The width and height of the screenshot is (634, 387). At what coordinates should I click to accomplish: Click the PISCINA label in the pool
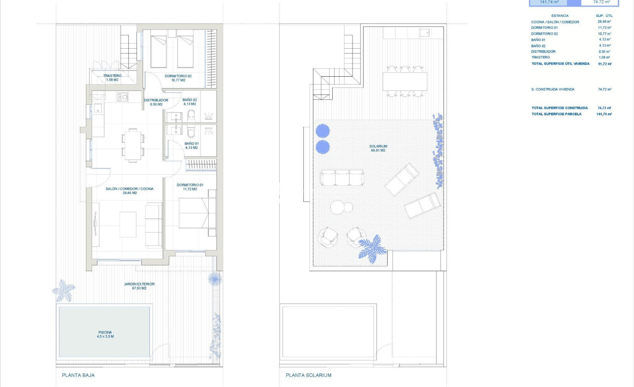[105, 332]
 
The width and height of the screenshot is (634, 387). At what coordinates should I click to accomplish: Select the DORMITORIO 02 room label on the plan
[178, 76]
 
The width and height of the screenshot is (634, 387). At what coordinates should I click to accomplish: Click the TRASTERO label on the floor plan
[112, 76]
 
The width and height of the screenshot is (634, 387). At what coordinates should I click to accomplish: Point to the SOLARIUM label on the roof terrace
[378, 146]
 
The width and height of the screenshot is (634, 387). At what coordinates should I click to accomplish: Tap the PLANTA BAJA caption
[78, 375]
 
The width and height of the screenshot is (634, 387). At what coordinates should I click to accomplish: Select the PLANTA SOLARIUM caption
[309, 375]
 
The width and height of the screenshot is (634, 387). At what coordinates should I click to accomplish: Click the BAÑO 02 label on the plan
[189, 100]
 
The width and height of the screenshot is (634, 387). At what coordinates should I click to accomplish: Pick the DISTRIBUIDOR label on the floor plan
[156, 100]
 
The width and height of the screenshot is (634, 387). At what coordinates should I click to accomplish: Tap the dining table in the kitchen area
[132, 144]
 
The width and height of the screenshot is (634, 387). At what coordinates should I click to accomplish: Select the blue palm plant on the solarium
[372, 249]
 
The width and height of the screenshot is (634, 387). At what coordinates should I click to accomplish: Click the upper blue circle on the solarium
[323, 131]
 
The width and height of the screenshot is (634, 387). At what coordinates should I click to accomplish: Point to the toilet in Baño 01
[191, 132]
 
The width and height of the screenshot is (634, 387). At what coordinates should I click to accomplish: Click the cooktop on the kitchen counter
[122, 97]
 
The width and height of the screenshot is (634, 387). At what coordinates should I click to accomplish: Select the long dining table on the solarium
[405, 81]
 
